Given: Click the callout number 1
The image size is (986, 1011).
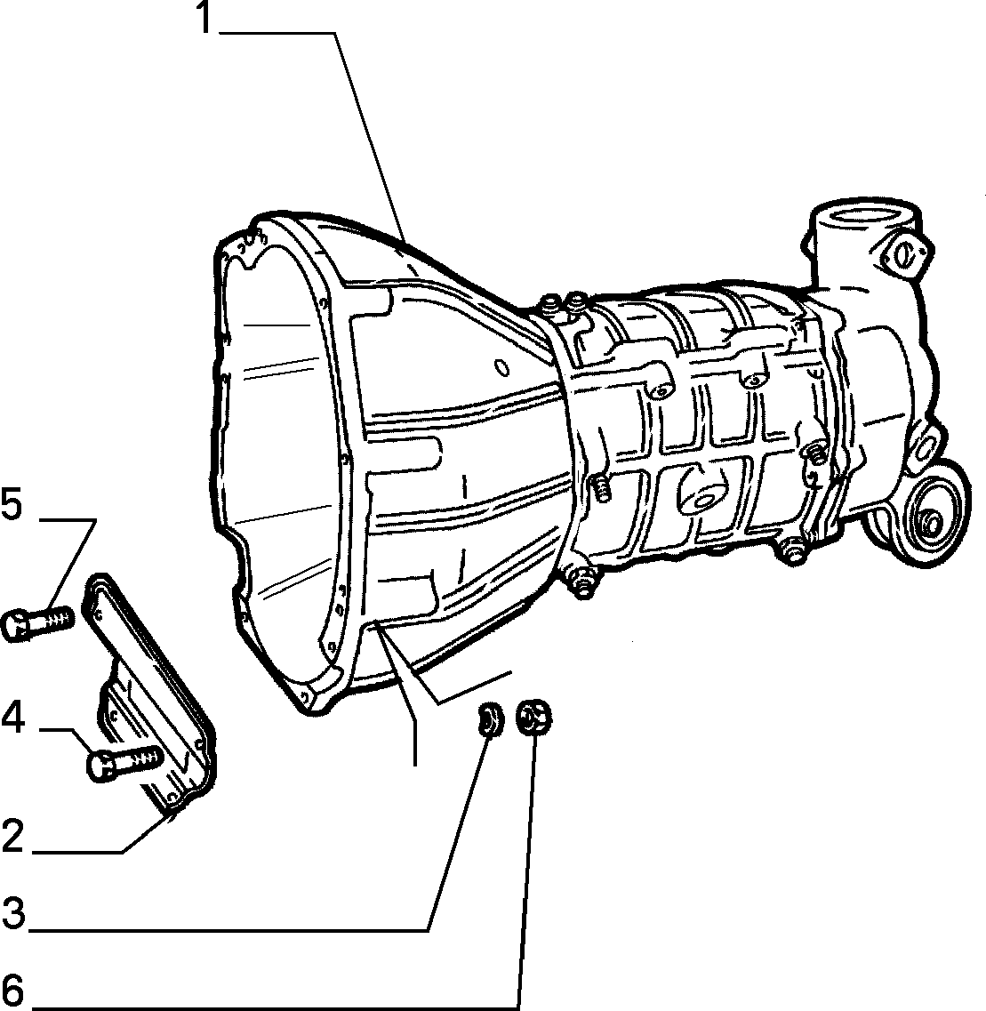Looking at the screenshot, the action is click(x=204, y=19).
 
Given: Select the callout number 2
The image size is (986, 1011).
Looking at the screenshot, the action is click(x=13, y=836).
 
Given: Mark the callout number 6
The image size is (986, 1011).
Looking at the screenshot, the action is click(x=13, y=989).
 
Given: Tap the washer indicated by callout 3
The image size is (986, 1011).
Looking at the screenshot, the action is click(x=490, y=719).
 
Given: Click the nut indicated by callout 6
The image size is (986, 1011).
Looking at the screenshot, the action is click(x=534, y=716).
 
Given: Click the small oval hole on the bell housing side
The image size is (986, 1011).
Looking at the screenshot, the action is click(x=501, y=368).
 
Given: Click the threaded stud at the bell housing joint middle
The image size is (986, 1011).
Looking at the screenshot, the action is click(x=601, y=489).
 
